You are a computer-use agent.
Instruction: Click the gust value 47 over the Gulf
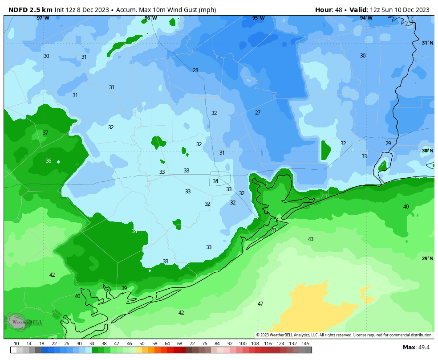pyautogui.click(x=260, y=304)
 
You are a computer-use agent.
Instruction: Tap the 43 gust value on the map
pyautogui.click(x=311, y=239)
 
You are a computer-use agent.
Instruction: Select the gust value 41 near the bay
pyautogui.click(x=274, y=230)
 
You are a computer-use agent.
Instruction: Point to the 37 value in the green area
pyautogui.click(x=45, y=133)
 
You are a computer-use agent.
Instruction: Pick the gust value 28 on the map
pyautogui.click(x=195, y=70)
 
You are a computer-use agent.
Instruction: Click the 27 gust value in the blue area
pyautogui.click(x=258, y=113)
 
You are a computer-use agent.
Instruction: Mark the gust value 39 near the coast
pyautogui.click(x=124, y=288)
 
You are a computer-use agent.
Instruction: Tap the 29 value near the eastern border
pyautogui.click(x=388, y=143)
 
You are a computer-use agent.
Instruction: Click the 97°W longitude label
pyautogui.click(x=43, y=18)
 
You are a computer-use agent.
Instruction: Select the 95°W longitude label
pyautogui.click(x=258, y=18)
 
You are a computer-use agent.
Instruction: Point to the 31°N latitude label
pyautogui.click(x=427, y=43)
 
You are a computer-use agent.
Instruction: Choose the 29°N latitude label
pyautogui.click(x=427, y=258)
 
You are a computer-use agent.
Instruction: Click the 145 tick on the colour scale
pyautogui.click(x=305, y=344)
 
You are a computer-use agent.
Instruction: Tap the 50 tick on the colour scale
pyautogui.click(x=142, y=344)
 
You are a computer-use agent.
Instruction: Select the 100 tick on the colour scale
pyautogui.click(x=243, y=344)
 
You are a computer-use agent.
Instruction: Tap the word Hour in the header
pyautogui.click(x=324, y=10)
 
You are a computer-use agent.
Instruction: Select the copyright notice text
pyautogui.click(x=344, y=335)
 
